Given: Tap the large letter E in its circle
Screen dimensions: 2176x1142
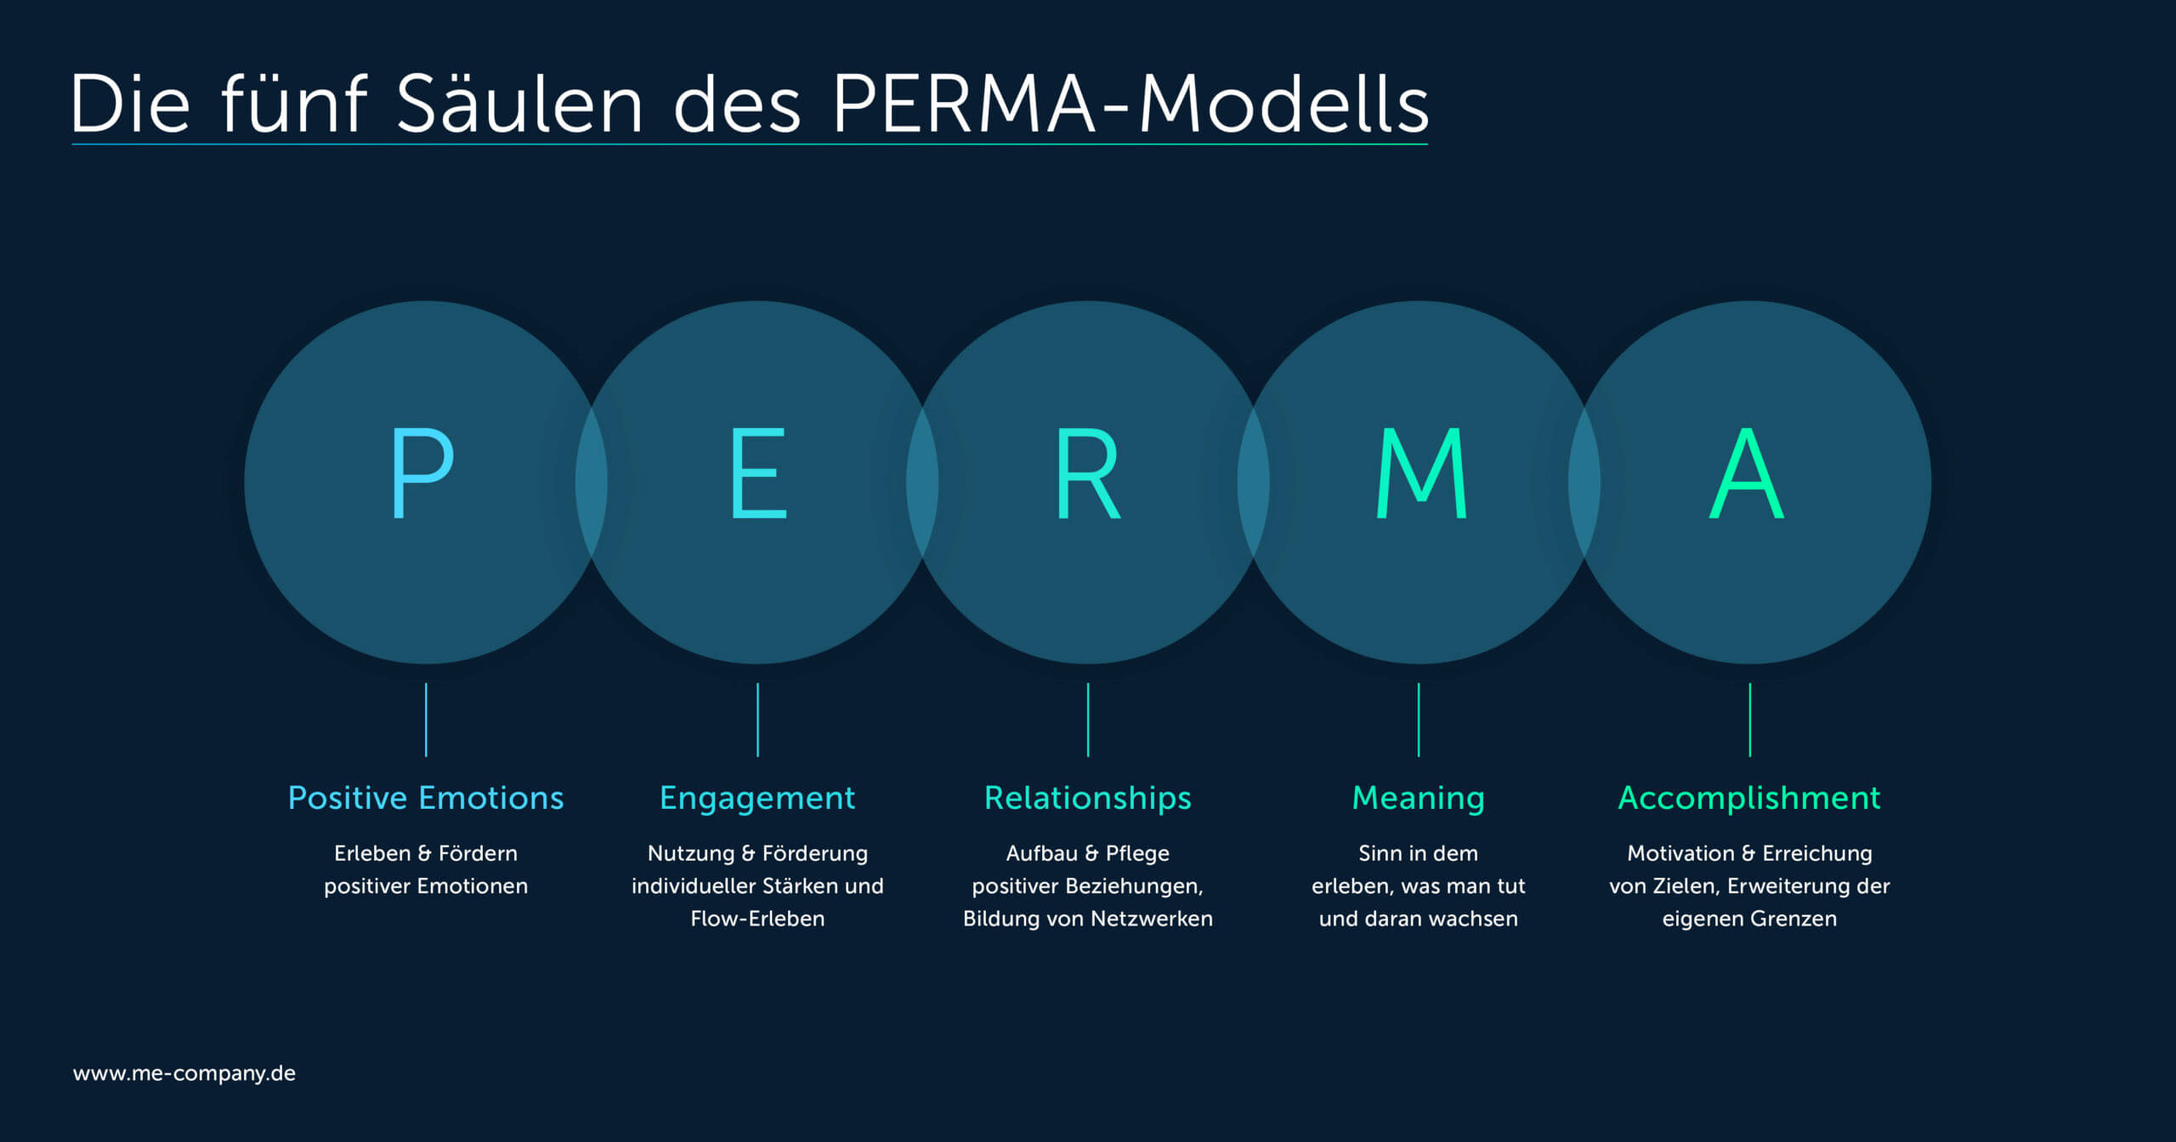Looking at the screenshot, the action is pos(758,472).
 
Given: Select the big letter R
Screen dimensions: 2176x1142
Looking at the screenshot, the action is pos(1087,472).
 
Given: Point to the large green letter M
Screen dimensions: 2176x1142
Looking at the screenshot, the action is pos(1420,472).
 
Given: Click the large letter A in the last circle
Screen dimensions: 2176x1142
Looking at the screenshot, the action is pos(1747,472).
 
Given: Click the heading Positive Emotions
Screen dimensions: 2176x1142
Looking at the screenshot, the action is pos(426,798).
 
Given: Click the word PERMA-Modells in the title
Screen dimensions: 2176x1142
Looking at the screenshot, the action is pos(1130,104).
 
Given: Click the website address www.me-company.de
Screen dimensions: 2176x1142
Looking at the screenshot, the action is pos(184,1074).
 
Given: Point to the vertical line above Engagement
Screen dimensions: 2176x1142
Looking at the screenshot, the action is pos(757,720).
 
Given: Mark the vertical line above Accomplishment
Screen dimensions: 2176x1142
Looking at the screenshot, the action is pos(1750,720).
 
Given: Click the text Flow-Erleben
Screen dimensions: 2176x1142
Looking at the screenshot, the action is pos(757,919).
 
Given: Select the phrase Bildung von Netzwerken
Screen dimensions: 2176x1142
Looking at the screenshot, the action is pos(1088,919).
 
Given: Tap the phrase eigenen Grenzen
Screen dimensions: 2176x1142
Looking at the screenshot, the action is pos(1749,919).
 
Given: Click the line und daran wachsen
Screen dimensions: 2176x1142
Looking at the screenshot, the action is pos(1419,919).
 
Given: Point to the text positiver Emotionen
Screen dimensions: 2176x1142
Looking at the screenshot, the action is pos(426,886).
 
